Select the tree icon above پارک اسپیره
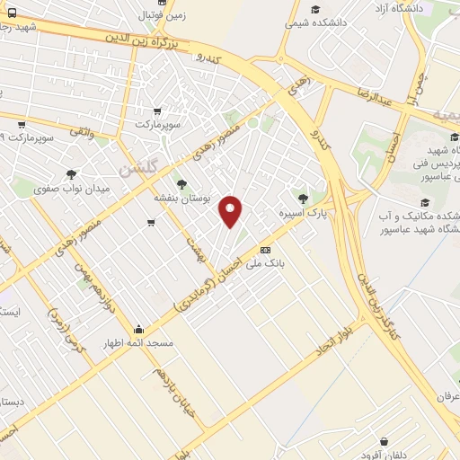(301, 199)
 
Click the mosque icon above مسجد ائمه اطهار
(137, 329)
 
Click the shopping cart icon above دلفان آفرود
(385, 442)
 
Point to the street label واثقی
(82, 131)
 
